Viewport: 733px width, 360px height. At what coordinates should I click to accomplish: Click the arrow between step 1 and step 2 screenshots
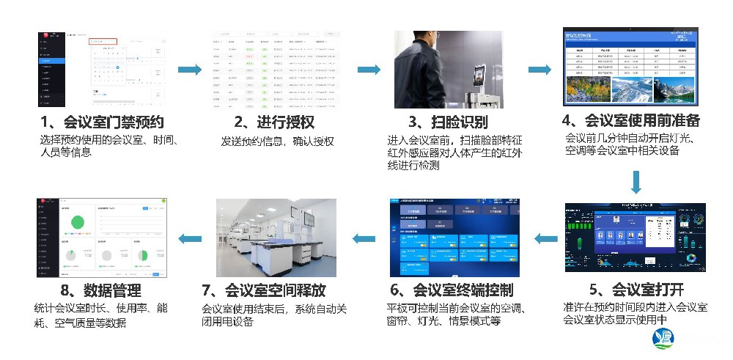[x=189, y=70]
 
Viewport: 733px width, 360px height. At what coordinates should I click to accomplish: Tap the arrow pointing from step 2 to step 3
[x=369, y=70]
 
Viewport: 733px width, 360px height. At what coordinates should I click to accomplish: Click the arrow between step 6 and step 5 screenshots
[x=545, y=238]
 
